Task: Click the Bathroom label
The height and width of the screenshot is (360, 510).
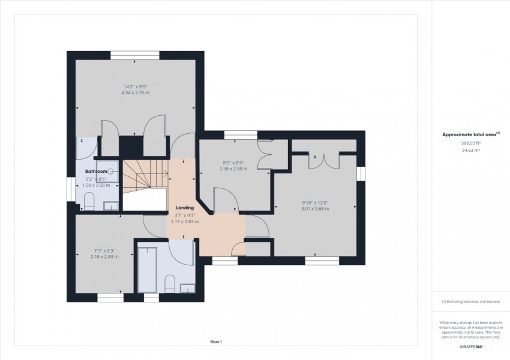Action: pos(96,172)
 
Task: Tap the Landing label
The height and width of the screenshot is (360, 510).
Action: pos(185,208)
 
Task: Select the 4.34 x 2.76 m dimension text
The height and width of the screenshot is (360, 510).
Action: pos(136,92)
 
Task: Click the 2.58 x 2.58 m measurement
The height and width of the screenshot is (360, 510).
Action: pos(233,169)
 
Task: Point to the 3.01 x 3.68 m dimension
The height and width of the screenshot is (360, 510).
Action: pos(315,208)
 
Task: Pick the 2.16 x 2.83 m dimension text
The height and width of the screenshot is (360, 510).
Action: pos(104,257)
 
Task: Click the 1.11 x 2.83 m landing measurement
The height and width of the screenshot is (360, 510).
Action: pos(185,221)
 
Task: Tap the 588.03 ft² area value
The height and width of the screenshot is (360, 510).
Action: pos(471,143)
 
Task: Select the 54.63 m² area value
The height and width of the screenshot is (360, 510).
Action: pos(471,150)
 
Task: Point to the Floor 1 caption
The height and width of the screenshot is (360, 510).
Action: pos(216,342)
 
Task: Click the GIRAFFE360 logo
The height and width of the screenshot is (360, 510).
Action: pos(471,347)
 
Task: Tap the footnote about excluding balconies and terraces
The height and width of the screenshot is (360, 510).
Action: pos(470,302)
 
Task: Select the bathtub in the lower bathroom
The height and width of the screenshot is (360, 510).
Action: pos(147,269)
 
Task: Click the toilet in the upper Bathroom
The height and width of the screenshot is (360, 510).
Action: pos(89,202)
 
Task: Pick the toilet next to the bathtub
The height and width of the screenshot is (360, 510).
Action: pos(170,284)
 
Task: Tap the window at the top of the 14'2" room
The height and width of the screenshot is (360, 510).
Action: pos(134,55)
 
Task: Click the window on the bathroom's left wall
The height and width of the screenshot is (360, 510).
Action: pos(71,189)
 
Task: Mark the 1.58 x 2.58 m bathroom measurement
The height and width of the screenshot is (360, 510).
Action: pos(96,185)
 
